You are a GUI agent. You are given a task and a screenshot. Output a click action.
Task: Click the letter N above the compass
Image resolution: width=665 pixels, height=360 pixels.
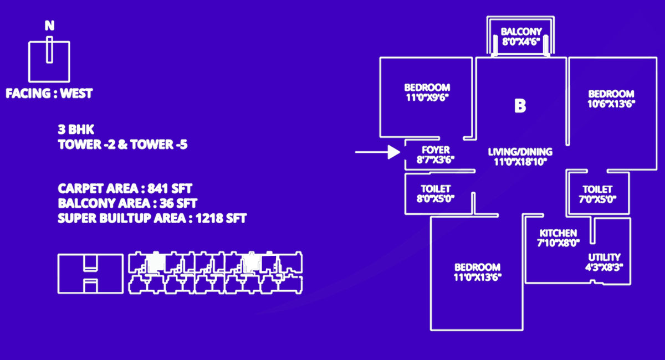tap(49, 26)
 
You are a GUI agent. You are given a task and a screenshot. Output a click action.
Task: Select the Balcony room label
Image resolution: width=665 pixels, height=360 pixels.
tap(521, 32)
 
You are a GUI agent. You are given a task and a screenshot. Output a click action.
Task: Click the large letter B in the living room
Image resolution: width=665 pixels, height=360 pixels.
tap(520, 106)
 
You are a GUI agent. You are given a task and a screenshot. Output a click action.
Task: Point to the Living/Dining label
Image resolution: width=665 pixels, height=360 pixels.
tap(520, 152)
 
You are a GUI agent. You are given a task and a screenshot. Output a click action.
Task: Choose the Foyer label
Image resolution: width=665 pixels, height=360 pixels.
tap(436, 150)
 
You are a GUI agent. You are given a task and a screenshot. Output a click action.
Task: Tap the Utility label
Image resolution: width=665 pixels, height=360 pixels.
tap(604, 257)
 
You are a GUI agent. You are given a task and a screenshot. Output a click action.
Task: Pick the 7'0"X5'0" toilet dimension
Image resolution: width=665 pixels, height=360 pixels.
tap(597, 199)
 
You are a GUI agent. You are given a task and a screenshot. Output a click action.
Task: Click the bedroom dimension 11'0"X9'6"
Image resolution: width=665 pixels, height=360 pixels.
tap(427, 97)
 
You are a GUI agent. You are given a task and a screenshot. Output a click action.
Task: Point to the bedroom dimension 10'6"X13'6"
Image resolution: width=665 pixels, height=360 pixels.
tap(611, 103)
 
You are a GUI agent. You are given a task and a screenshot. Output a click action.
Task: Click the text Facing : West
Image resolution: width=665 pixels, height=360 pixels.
tap(49, 94)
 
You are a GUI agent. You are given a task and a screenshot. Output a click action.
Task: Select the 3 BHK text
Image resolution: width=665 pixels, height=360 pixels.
tap(69, 131)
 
